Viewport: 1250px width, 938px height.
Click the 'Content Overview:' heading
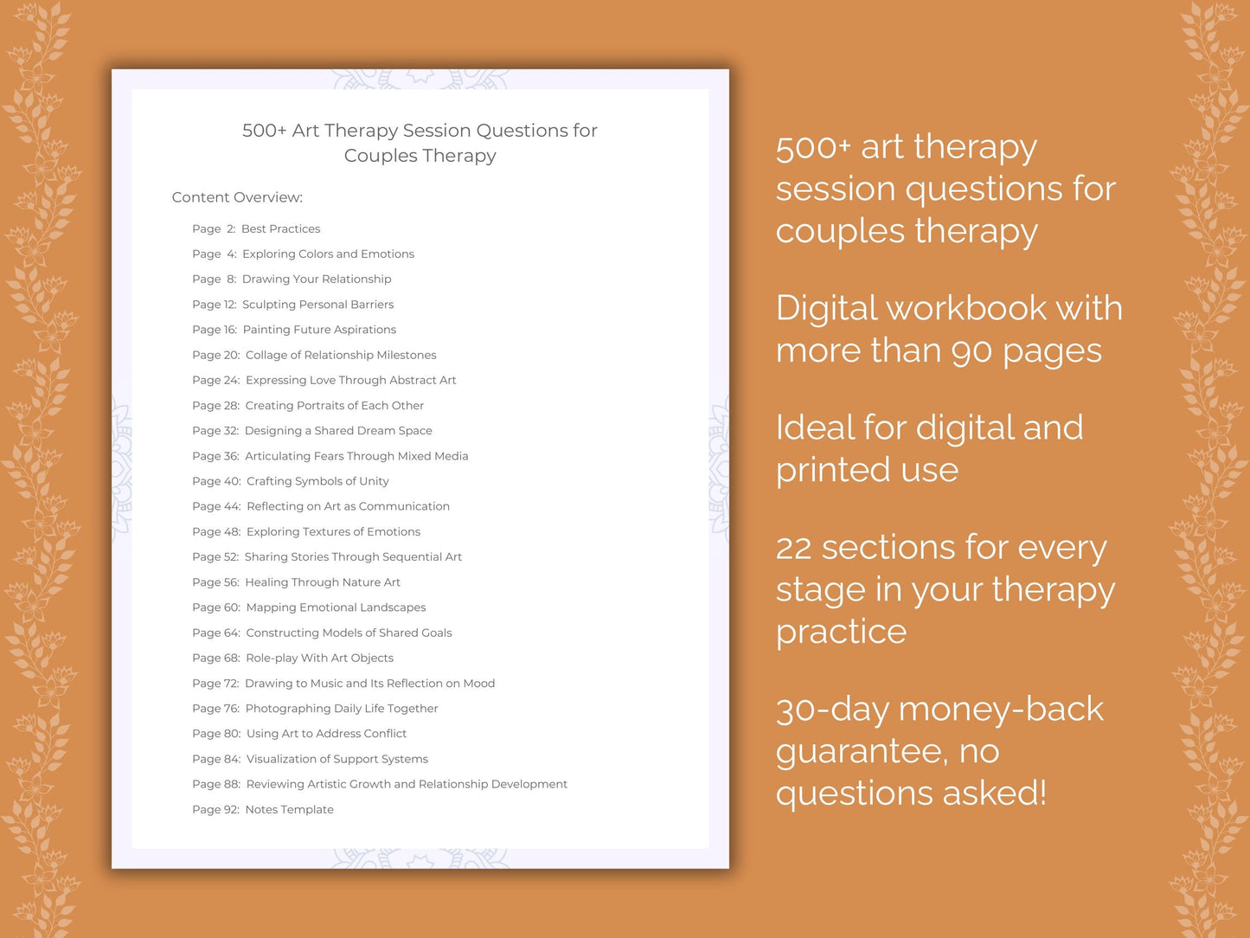[237, 197]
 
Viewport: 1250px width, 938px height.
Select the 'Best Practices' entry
[280, 229]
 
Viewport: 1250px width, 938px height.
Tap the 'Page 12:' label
[214, 305]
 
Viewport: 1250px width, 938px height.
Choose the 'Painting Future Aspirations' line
[319, 330]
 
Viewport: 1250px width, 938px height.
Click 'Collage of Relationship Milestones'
[341, 355]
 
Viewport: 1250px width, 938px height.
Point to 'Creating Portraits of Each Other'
[334, 406]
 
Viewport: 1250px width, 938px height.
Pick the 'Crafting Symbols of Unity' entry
[317, 481]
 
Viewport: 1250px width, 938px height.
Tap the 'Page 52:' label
[215, 557]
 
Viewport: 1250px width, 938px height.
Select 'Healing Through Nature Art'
[323, 582]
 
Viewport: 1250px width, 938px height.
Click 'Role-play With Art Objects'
[319, 659]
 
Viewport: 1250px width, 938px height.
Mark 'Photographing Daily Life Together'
[342, 709]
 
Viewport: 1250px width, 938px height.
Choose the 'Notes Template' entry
[289, 810]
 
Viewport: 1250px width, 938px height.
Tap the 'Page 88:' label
[216, 785]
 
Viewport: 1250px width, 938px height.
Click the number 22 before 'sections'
[793, 549]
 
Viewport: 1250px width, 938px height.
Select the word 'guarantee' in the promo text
[862, 752]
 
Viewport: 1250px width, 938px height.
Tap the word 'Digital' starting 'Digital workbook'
[826, 309]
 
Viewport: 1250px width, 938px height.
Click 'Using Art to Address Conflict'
[326, 734]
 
